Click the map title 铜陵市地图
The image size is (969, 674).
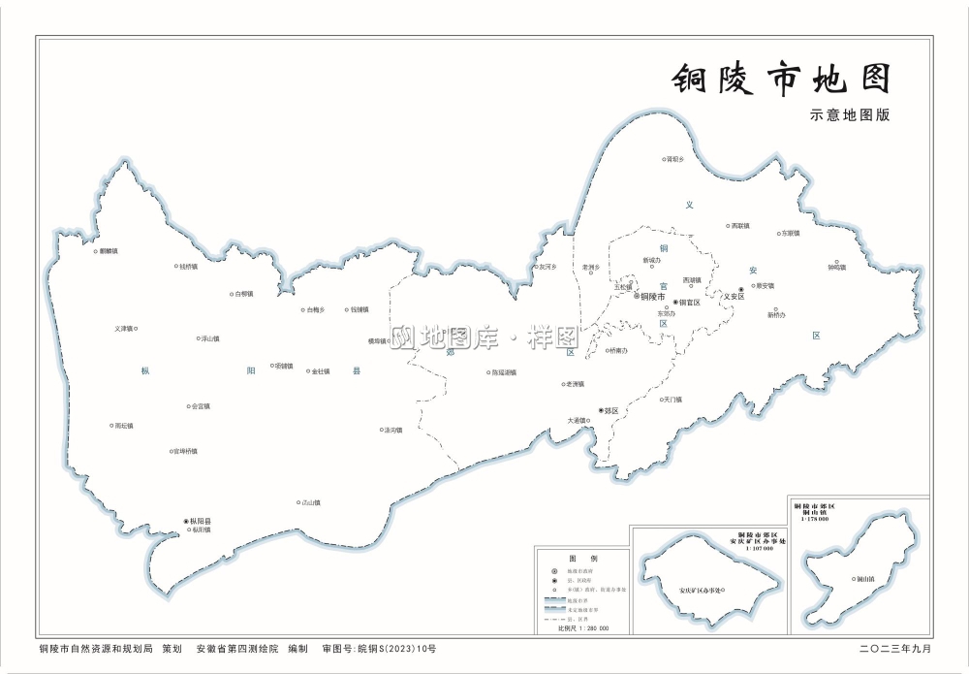[781, 80]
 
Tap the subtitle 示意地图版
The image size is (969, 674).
[850, 114]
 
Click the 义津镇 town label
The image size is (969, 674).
[123, 329]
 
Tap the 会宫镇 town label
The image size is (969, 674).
[201, 406]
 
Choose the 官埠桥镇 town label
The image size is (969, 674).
[184, 451]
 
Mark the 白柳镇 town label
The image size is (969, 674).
[243, 294]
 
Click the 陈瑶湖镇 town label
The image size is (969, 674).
[504, 372]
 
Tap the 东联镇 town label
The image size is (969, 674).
[790, 234]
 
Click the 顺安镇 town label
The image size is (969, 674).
[765, 286]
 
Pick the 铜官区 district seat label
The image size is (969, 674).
[689, 303]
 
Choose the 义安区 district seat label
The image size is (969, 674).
[734, 297]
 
